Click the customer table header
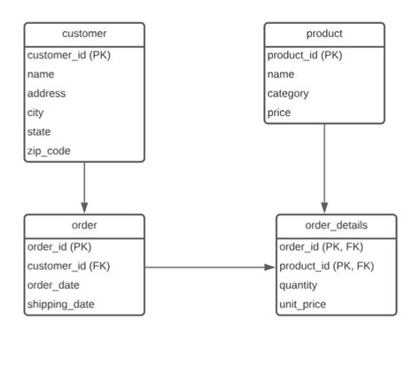84,34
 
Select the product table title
324,34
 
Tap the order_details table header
337,225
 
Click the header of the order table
84,225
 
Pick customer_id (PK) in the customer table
69,55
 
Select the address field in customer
46,93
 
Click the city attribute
35,113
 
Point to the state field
39,132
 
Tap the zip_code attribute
49,152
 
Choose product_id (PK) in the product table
304,55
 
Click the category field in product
288,93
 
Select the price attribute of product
279,113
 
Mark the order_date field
53,284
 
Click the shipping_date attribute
61,304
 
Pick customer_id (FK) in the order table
69,266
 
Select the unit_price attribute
303,304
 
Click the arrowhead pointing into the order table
84,208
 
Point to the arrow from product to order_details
324,168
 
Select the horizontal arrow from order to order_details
208,267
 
